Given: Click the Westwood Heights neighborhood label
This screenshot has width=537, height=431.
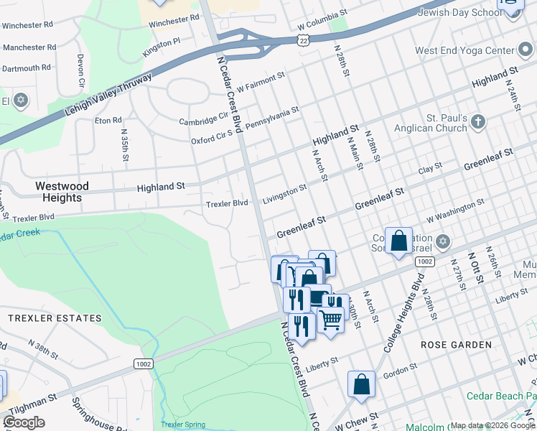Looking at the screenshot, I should tap(62, 192).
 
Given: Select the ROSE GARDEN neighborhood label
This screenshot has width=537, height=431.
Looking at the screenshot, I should tap(456, 345).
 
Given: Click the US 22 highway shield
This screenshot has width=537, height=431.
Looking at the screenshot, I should tap(305, 38).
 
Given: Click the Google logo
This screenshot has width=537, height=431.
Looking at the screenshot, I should tap(24, 422).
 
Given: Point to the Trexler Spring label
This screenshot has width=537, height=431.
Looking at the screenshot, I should tap(183, 425).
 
